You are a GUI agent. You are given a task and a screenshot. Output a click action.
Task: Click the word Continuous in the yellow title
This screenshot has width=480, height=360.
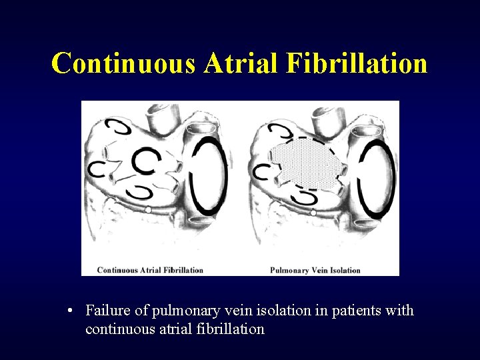click(x=124, y=63)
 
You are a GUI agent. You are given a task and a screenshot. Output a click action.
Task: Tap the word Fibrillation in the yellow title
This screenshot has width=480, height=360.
click(x=357, y=63)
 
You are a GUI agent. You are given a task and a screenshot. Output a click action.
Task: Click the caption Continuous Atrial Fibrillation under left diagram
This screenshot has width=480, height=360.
click(x=150, y=270)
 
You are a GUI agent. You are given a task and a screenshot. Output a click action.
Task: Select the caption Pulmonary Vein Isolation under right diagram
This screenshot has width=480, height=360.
click(x=315, y=270)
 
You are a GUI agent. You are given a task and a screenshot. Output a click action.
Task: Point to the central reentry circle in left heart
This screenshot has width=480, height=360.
click(x=145, y=160)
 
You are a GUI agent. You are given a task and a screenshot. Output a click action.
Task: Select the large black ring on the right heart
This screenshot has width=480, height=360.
click(x=377, y=177)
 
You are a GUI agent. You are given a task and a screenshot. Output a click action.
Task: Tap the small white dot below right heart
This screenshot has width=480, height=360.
click(x=313, y=213)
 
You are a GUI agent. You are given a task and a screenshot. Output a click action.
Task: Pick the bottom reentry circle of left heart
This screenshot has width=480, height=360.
click(x=141, y=193)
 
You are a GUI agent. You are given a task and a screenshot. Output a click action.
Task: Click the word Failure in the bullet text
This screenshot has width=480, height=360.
click(x=107, y=311)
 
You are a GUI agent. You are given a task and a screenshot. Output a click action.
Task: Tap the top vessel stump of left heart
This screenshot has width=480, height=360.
click(x=161, y=117)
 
